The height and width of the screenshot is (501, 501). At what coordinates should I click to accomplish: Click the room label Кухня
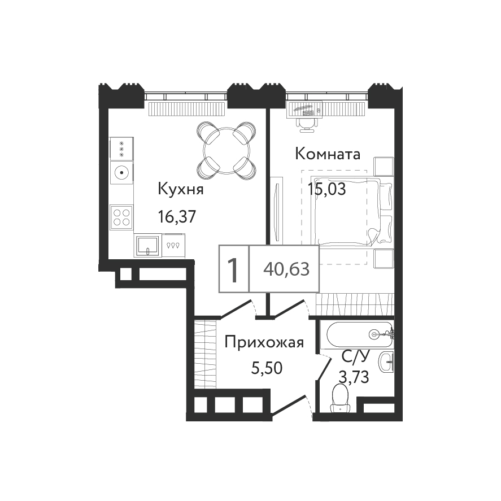[181, 189]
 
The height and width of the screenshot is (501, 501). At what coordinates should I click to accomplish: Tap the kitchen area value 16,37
[177, 217]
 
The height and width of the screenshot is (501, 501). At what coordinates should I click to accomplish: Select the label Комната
[328, 154]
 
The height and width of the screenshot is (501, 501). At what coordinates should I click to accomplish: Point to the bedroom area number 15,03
[326, 189]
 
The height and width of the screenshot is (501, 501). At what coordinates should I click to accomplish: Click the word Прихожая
[264, 343]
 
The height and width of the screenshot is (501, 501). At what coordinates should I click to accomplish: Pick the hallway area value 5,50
[267, 368]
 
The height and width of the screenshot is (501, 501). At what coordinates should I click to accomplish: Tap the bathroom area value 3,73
[354, 377]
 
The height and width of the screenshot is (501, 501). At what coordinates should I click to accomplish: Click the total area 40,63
[286, 269]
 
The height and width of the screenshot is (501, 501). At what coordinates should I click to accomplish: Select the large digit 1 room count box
[234, 269]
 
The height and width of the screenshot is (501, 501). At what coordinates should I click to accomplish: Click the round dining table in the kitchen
[226, 150]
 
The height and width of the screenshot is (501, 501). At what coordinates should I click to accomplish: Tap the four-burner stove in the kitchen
[121, 217]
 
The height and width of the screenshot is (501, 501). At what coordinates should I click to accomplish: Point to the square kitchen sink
[147, 245]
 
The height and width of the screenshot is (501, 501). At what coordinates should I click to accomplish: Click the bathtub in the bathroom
[359, 334]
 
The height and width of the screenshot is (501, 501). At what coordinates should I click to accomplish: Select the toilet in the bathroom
[339, 398]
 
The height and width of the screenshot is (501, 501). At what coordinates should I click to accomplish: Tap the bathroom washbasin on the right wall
[386, 362]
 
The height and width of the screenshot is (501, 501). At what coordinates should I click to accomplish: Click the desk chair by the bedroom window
[308, 124]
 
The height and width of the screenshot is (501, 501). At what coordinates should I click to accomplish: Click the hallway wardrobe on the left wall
[205, 354]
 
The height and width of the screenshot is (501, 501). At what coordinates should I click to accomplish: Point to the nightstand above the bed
[384, 166]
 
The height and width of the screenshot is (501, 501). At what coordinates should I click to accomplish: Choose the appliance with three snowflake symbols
[121, 149]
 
